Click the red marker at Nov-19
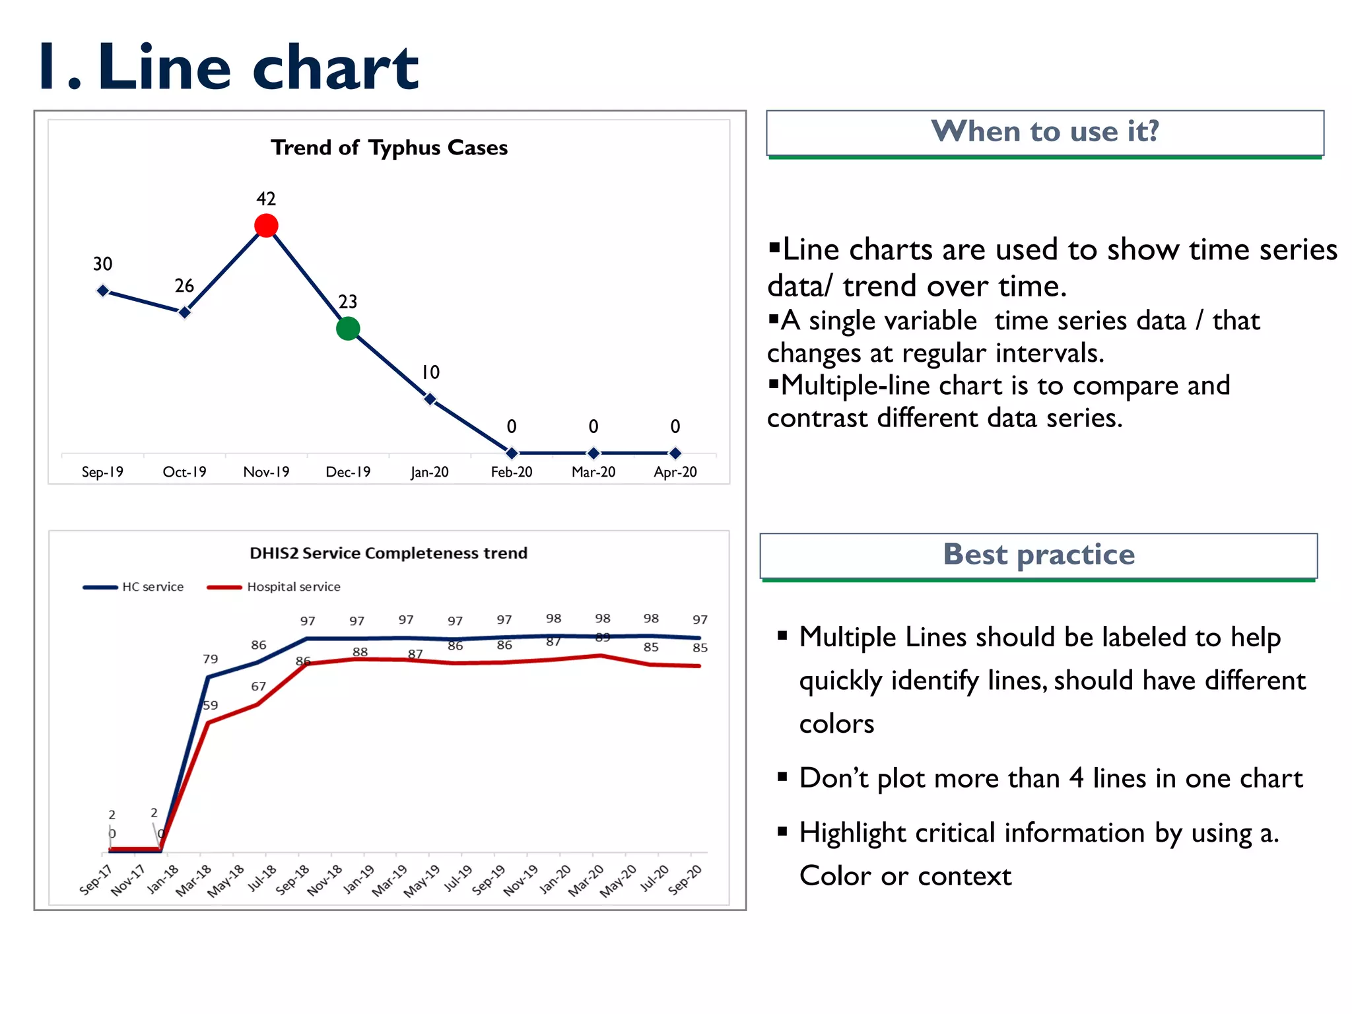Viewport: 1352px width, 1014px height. pyautogui.click(x=266, y=226)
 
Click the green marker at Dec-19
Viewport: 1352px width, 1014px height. pyautogui.click(x=348, y=328)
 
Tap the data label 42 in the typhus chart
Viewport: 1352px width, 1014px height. pyautogui.click(x=266, y=199)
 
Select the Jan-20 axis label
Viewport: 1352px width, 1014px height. pyautogui.click(x=430, y=472)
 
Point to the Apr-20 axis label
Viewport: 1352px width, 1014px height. pyautogui.click(x=675, y=472)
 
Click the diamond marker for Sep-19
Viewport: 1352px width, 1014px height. pyautogui.click(x=103, y=290)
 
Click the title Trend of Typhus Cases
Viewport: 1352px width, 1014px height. pyautogui.click(x=389, y=147)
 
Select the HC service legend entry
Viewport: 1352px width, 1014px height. pyautogui.click(x=152, y=587)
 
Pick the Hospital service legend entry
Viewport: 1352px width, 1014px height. pyautogui.click(x=293, y=587)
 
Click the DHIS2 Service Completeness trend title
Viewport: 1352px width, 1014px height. pyautogui.click(x=388, y=553)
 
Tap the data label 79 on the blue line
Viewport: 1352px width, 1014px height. pyautogui.click(x=210, y=659)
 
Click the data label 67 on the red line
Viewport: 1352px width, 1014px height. pyautogui.click(x=258, y=687)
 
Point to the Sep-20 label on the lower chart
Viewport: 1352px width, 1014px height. pyautogui.click(x=685, y=880)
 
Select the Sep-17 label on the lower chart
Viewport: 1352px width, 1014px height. pyautogui.click(x=96, y=880)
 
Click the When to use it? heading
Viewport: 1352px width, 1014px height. pyautogui.click(x=1044, y=131)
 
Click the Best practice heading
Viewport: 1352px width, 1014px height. pyautogui.click(x=1038, y=555)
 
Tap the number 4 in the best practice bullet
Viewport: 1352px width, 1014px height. pyautogui.click(x=1076, y=778)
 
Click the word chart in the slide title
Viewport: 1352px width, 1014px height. pyautogui.click(x=335, y=67)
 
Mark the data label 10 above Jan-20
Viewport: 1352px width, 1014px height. pyautogui.click(x=430, y=372)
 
